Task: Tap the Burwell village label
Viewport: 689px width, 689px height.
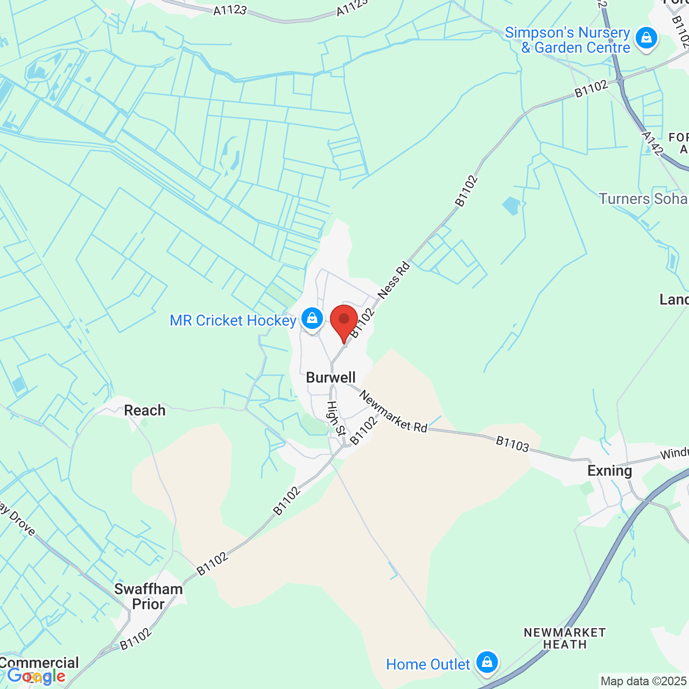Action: (x=331, y=377)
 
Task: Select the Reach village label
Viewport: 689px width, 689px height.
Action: (x=145, y=410)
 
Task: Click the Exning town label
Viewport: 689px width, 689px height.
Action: (x=609, y=471)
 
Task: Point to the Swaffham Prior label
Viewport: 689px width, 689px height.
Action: (x=148, y=596)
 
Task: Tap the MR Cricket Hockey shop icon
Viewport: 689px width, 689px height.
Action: (x=312, y=318)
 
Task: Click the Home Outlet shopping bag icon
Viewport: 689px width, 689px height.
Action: (x=487, y=662)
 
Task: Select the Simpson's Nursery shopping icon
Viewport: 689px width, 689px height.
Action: (x=646, y=38)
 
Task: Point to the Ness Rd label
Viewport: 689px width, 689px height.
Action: (x=393, y=280)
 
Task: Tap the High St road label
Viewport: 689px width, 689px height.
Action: (x=336, y=418)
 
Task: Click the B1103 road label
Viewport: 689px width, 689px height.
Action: (x=512, y=444)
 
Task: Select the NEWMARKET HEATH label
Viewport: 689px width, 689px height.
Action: (x=565, y=638)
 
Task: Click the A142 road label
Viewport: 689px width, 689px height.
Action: (x=652, y=144)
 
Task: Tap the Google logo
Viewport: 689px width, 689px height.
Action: (x=37, y=676)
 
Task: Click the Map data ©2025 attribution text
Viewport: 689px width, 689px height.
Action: (x=644, y=681)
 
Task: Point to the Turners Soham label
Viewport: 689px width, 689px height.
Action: (x=643, y=199)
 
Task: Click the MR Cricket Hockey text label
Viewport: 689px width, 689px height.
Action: (x=233, y=321)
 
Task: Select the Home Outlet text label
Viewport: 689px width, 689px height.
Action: (x=428, y=665)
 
